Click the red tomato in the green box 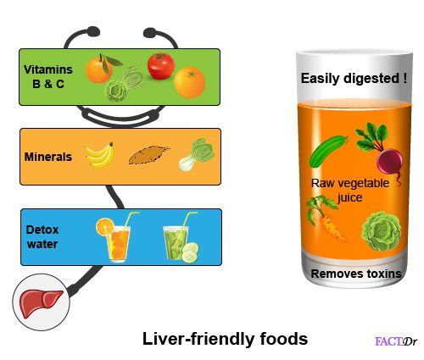pyautogui.click(x=160, y=66)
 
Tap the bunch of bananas pyautogui.click(x=101, y=155)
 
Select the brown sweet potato pyautogui.click(x=149, y=155)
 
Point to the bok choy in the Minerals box pyautogui.click(x=197, y=154)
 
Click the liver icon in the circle pyautogui.click(x=41, y=303)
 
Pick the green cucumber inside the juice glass pyautogui.click(x=328, y=151)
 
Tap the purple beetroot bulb pyautogui.click(x=389, y=162)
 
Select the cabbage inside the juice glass pyautogui.click(x=382, y=231)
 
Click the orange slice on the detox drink pyautogui.click(x=104, y=226)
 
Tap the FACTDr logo pyautogui.click(x=396, y=341)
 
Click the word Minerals pyautogui.click(x=48, y=157)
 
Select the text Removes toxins pyautogui.click(x=356, y=274)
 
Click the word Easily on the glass pyautogui.click(x=321, y=78)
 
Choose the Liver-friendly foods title pyautogui.click(x=225, y=339)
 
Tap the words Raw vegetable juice pyautogui.click(x=350, y=190)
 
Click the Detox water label pyautogui.click(x=42, y=236)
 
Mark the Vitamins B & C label pyautogui.click(x=48, y=76)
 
